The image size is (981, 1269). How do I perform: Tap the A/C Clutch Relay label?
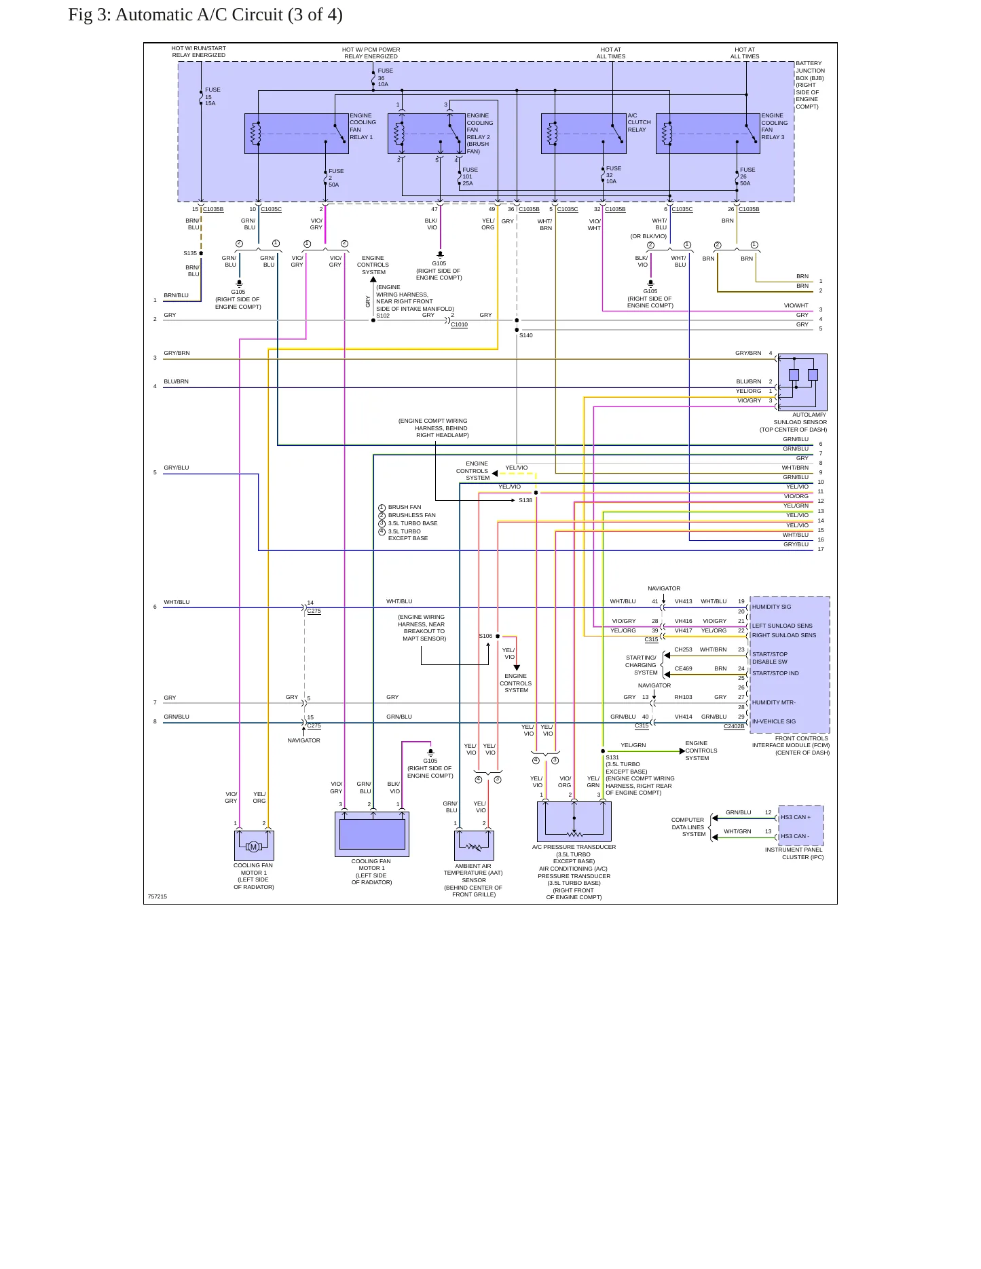click(x=639, y=123)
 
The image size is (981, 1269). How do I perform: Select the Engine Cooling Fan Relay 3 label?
click(x=774, y=126)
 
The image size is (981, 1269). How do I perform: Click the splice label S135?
click(x=190, y=253)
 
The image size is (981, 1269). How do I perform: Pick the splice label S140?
click(x=526, y=335)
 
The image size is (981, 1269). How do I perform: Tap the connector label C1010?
click(x=459, y=324)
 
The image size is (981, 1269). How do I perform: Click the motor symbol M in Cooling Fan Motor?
click(x=253, y=847)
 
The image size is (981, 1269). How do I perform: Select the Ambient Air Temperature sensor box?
click(x=474, y=846)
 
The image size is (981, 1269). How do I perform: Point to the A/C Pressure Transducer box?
click(x=574, y=821)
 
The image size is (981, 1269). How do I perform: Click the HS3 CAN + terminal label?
click(x=796, y=817)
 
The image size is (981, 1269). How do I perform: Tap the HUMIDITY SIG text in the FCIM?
click(x=771, y=607)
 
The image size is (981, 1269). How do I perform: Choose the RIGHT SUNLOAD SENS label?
click(x=784, y=635)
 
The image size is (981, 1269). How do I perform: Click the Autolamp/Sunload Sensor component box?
click(x=802, y=382)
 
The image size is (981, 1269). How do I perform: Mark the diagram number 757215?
click(x=157, y=896)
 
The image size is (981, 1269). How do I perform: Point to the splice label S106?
click(x=485, y=636)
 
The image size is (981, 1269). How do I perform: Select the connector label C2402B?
click(x=734, y=726)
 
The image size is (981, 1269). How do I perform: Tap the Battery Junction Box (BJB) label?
click(x=810, y=85)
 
